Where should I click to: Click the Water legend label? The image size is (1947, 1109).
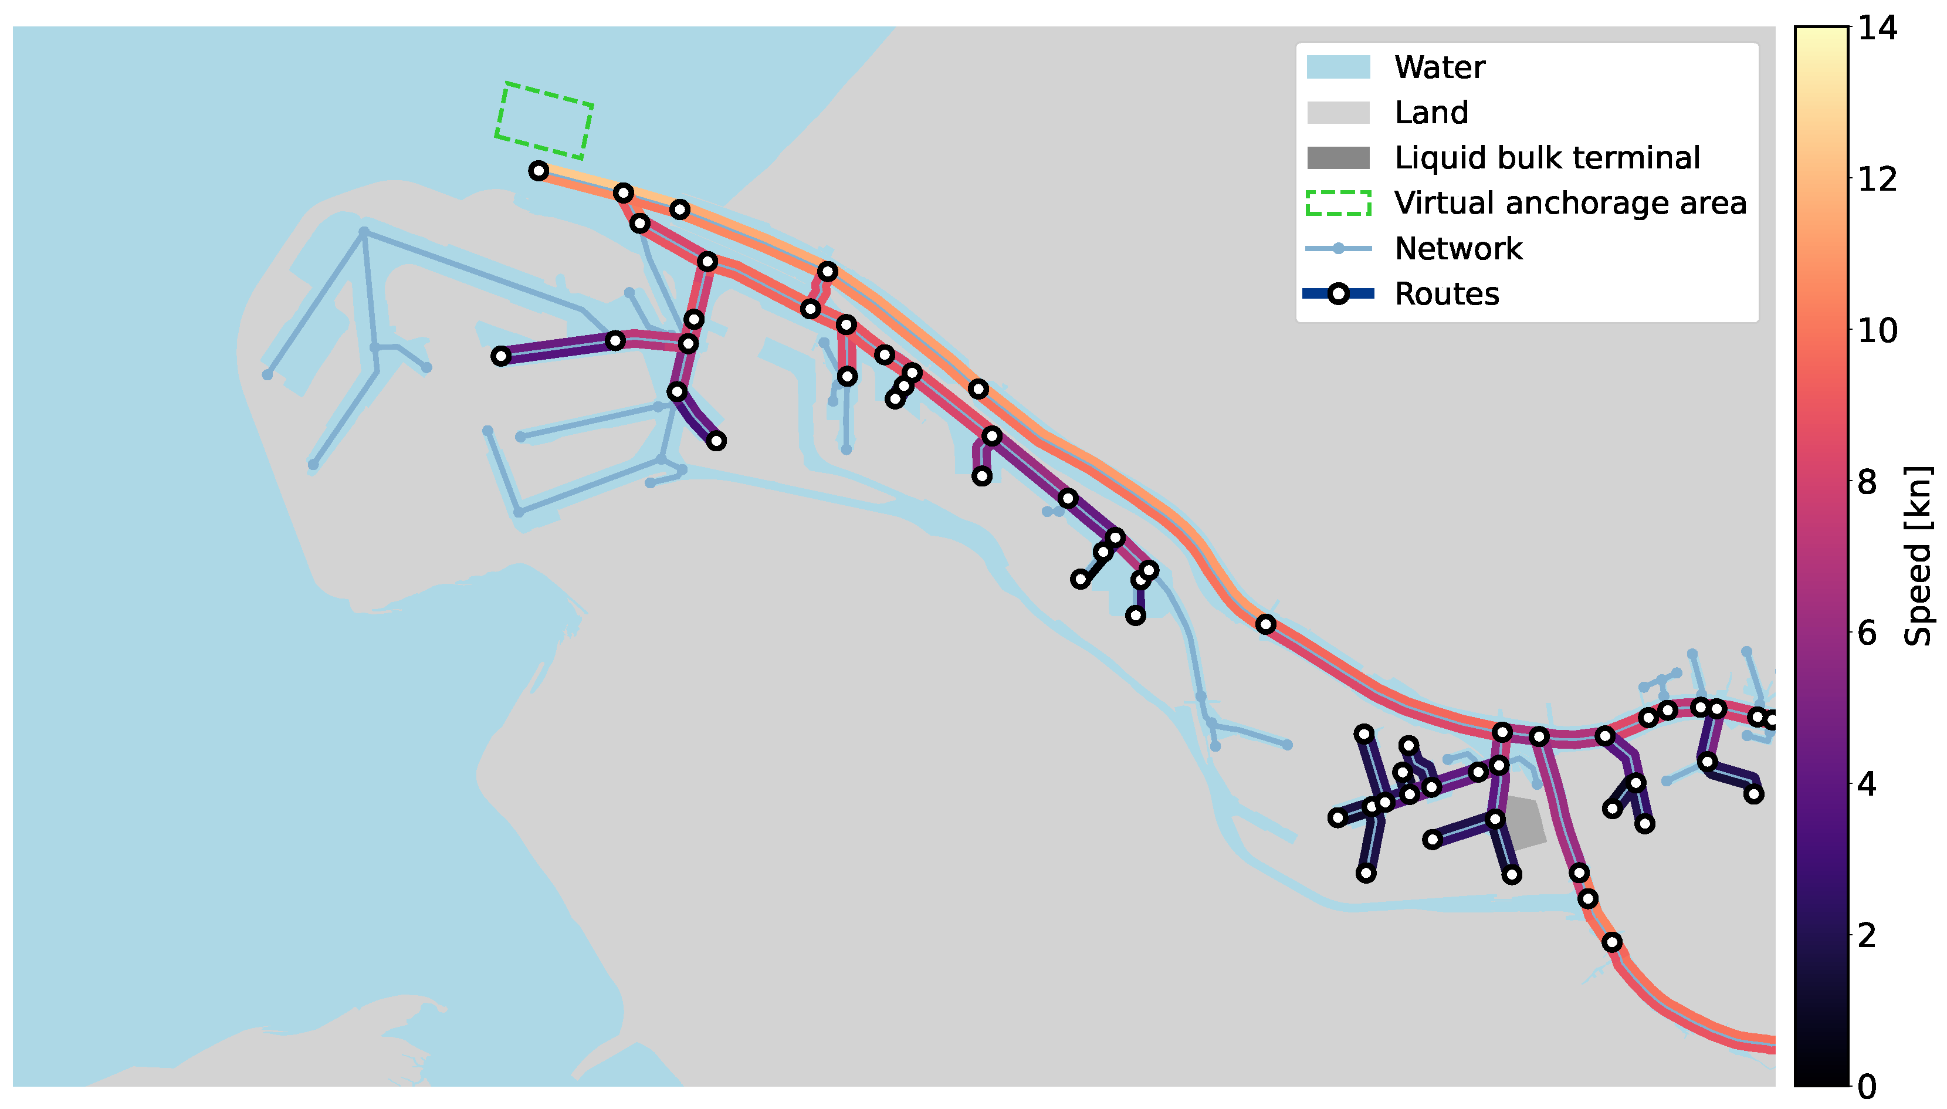pyautogui.click(x=1438, y=67)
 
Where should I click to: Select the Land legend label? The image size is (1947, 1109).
pyautogui.click(x=1431, y=113)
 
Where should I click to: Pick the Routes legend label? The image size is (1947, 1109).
pyautogui.click(x=1446, y=294)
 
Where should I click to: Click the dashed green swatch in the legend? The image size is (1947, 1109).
pyautogui.click(x=1338, y=204)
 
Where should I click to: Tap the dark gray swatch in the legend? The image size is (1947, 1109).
pyautogui.click(x=1338, y=158)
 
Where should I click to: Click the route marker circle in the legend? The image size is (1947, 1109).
pyautogui.click(x=1338, y=294)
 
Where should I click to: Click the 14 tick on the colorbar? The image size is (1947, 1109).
pyautogui.click(x=1877, y=28)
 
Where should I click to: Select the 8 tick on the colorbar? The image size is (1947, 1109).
pyautogui.click(x=1866, y=482)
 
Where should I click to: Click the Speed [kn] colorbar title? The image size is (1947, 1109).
pyautogui.click(x=1916, y=556)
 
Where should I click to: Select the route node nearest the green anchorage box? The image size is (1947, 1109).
pyautogui.click(x=539, y=171)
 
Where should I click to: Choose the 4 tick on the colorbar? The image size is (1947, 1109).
pyautogui.click(x=1866, y=785)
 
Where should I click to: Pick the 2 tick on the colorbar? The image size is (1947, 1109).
pyautogui.click(x=1866, y=935)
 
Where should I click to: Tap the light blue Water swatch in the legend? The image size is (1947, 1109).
pyautogui.click(x=1338, y=67)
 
